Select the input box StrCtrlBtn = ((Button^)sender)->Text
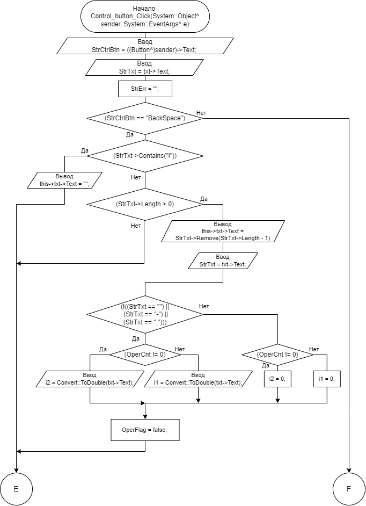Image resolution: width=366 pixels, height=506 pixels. coord(145,46)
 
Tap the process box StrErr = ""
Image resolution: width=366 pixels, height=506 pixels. coord(145,89)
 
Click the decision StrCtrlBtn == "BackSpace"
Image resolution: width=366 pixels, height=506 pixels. coord(145,118)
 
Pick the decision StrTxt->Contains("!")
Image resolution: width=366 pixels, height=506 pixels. coord(145,156)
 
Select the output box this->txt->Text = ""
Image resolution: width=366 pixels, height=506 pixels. coord(64,180)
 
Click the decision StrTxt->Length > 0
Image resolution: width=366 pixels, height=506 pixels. coord(145,204)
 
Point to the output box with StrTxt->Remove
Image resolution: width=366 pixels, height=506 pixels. coord(223,232)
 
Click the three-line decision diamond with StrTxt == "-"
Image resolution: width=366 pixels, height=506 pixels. coord(145,314)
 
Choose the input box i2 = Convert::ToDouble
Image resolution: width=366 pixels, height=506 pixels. coord(90,379)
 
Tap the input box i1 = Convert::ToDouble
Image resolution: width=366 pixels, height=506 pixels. coord(198,379)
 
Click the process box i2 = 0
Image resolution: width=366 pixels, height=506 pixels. coord(277,379)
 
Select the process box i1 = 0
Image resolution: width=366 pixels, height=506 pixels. coord(327,379)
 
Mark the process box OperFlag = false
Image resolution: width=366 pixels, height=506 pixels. coord(145,430)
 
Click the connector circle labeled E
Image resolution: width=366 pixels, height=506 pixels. coord(16,489)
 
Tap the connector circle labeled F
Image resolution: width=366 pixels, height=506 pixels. coord(349,489)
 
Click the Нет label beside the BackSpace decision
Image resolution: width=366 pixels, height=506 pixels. coord(202,113)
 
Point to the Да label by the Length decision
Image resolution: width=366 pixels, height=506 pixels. coord(204,199)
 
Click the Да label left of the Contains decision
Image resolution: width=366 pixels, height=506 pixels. coord(85,151)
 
